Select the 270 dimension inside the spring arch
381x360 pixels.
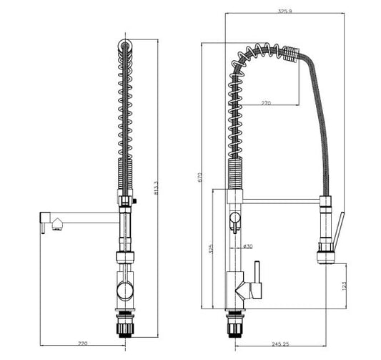click(266, 104)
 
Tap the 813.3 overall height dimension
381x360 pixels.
click(155, 188)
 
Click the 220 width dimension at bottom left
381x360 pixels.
click(82, 344)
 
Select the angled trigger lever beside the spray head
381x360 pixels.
click(338, 228)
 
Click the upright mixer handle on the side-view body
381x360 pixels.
click(258, 276)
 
